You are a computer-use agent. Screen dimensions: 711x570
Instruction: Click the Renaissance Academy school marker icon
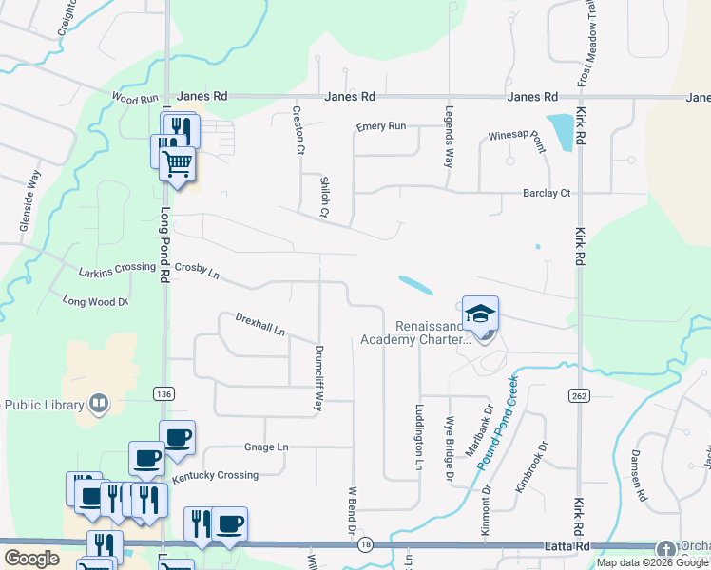tap(481, 313)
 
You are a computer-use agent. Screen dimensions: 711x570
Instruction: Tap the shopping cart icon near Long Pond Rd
tap(177, 163)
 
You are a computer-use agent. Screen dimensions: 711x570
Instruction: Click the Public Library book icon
tap(98, 404)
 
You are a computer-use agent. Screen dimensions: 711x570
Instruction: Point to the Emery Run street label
tap(381, 126)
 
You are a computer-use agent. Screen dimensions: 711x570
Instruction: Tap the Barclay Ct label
tap(547, 193)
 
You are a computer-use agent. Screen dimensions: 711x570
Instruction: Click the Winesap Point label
tap(517, 142)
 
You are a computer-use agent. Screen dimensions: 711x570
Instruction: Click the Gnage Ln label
tap(266, 446)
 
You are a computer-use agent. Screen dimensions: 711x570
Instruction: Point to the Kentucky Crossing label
tap(215, 475)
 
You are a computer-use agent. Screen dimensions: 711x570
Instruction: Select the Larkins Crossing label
tap(117, 268)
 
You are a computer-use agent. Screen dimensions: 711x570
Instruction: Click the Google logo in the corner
tap(30, 558)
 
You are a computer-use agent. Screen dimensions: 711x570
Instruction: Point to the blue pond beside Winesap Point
tap(562, 130)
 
